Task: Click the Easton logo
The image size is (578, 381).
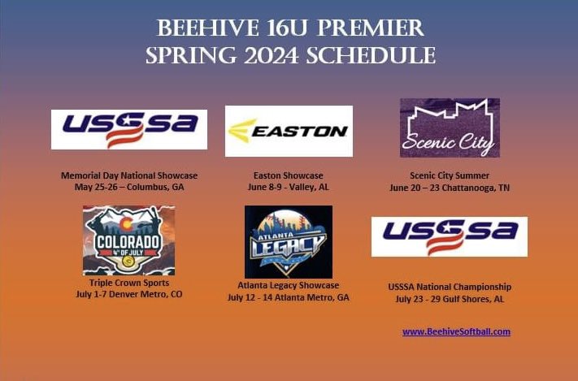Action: pos(289,131)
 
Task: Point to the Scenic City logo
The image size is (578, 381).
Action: pos(450,128)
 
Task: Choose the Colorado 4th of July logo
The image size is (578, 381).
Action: pos(128,240)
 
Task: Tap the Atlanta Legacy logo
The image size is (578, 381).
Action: pos(288,242)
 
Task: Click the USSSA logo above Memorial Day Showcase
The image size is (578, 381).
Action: pos(129,129)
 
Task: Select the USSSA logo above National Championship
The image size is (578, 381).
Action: pos(450,236)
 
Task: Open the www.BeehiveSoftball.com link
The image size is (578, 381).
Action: pos(456,331)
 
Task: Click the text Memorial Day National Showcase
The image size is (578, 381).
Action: pos(129,175)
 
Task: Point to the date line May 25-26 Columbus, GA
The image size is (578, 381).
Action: pos(129,188)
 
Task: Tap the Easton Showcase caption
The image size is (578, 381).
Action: pos(289,175)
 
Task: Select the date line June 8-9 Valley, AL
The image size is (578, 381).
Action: pos(289,188)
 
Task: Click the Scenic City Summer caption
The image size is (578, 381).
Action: pos(450,175)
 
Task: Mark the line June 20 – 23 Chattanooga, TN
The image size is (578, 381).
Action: pos(450,188)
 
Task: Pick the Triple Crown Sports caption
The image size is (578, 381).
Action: pos(129,283)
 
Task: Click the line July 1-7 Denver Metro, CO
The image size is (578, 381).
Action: pos(129,294)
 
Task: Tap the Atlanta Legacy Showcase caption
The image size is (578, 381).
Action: pos(289,285)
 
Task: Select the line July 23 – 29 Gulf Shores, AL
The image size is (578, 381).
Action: pos(450,300)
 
